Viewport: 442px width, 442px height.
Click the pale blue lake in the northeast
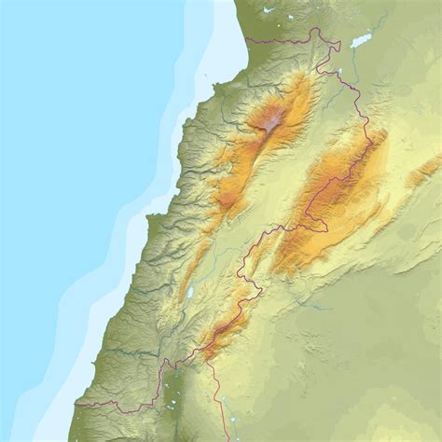coord(361,41)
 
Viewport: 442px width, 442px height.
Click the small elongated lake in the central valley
coord(190,293)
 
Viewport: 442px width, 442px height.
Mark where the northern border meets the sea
coord(247,41)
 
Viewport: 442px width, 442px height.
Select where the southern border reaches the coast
coord(76,405)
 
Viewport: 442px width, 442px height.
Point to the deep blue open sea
coord(56,140)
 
